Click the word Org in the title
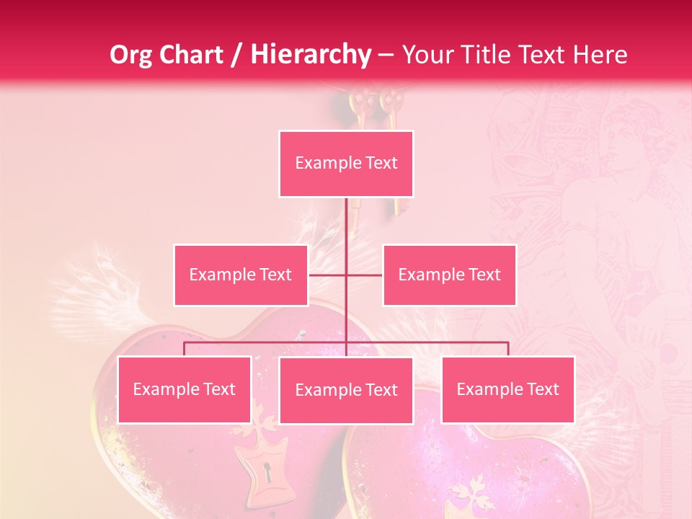(x=130, y=55)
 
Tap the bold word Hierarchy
(x=310, y=55)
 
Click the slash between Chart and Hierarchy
(x=237, y=55)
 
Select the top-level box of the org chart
(x=346, y=164)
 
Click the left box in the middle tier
(x=241, y=275)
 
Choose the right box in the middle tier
(x=449, y=275)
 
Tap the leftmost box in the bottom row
(x=185, y=389)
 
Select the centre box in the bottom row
(x=346, y=390)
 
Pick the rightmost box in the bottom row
(x=508, y=389)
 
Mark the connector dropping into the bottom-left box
(x=185, y=349)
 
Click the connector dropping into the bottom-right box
(x=508, y=349)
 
